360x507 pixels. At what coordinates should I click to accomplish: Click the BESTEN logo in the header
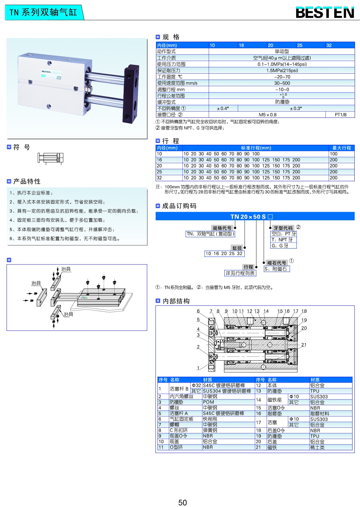coord(325,13)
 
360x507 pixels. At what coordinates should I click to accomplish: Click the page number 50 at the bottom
coord(182,502)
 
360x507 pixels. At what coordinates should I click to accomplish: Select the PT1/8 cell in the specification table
coord(340,115)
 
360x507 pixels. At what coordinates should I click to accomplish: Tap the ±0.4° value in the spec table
coord(223,108)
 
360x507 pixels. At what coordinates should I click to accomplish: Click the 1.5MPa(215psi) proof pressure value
coord(282,71)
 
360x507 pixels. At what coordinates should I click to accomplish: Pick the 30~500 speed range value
coord(282,83)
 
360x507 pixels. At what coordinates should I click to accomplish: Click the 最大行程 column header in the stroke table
coord(341,148)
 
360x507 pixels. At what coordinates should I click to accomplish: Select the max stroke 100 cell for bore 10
coord(333,154)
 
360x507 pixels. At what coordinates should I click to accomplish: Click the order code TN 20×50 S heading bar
coord(255,217)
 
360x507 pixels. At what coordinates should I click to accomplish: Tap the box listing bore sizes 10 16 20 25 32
coord(224,254)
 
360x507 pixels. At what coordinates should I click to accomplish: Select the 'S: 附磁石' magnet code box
coord(277,269)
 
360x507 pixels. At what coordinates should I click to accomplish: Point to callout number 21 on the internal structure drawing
coord(304,345)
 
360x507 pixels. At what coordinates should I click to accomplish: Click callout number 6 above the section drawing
coord(198,311)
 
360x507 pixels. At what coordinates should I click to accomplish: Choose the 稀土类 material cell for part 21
coord(317,447)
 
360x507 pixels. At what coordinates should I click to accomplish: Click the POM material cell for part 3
coord(208,402)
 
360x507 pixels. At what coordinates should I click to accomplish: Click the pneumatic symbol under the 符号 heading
coord(50,158)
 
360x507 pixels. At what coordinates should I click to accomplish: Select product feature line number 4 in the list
coord(58,220)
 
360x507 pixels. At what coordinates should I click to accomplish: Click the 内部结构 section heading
coord(176,301)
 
